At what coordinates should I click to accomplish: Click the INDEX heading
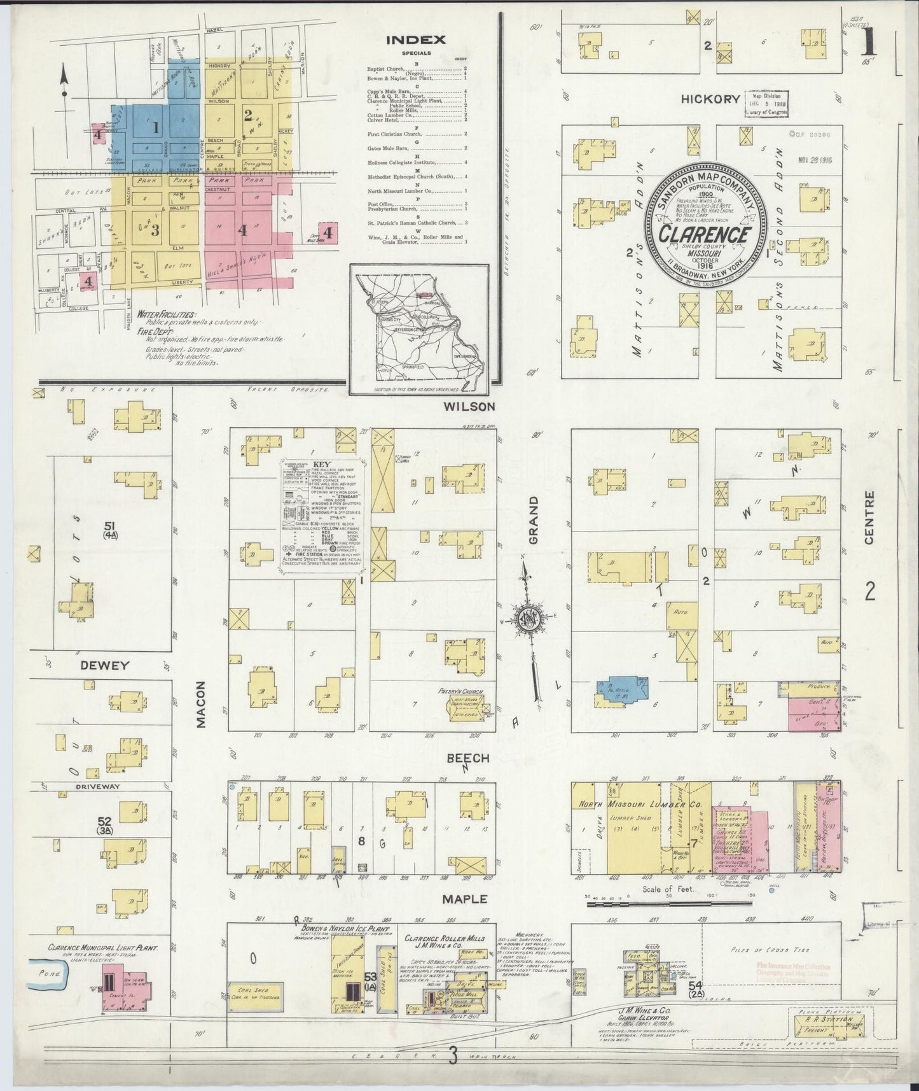(x=416, y=39)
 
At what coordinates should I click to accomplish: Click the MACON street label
(x=200, y=704)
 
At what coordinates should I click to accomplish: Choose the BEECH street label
(x=467, y=758)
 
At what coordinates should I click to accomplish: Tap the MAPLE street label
(x=466, y=899)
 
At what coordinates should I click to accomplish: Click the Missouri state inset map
(x=418, y=330)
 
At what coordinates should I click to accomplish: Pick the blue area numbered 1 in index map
(x=155, y=127)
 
